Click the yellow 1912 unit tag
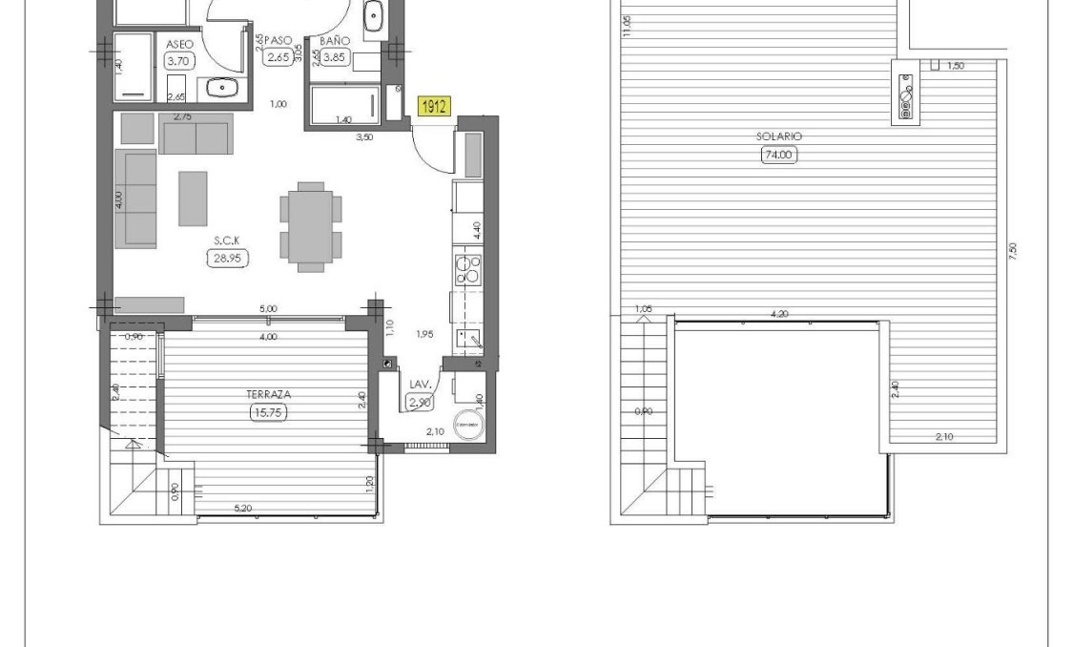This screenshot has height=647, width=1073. coord(433,107)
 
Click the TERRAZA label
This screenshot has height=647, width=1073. coord(268,393)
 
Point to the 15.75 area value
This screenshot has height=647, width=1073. coord(268,412)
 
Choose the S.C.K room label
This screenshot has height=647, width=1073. coord(227,240)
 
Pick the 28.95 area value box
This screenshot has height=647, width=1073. coord(227,258)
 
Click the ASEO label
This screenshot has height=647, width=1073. coord(179,44)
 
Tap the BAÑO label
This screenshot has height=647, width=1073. coord(335,41)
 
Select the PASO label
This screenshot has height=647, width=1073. coord(278,41)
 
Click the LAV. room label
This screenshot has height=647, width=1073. coord(421,385)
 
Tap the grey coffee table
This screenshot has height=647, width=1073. coord(194,198)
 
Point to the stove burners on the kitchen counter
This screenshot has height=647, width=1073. coord(468,271)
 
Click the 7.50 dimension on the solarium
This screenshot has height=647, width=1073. coord(1013,250)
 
